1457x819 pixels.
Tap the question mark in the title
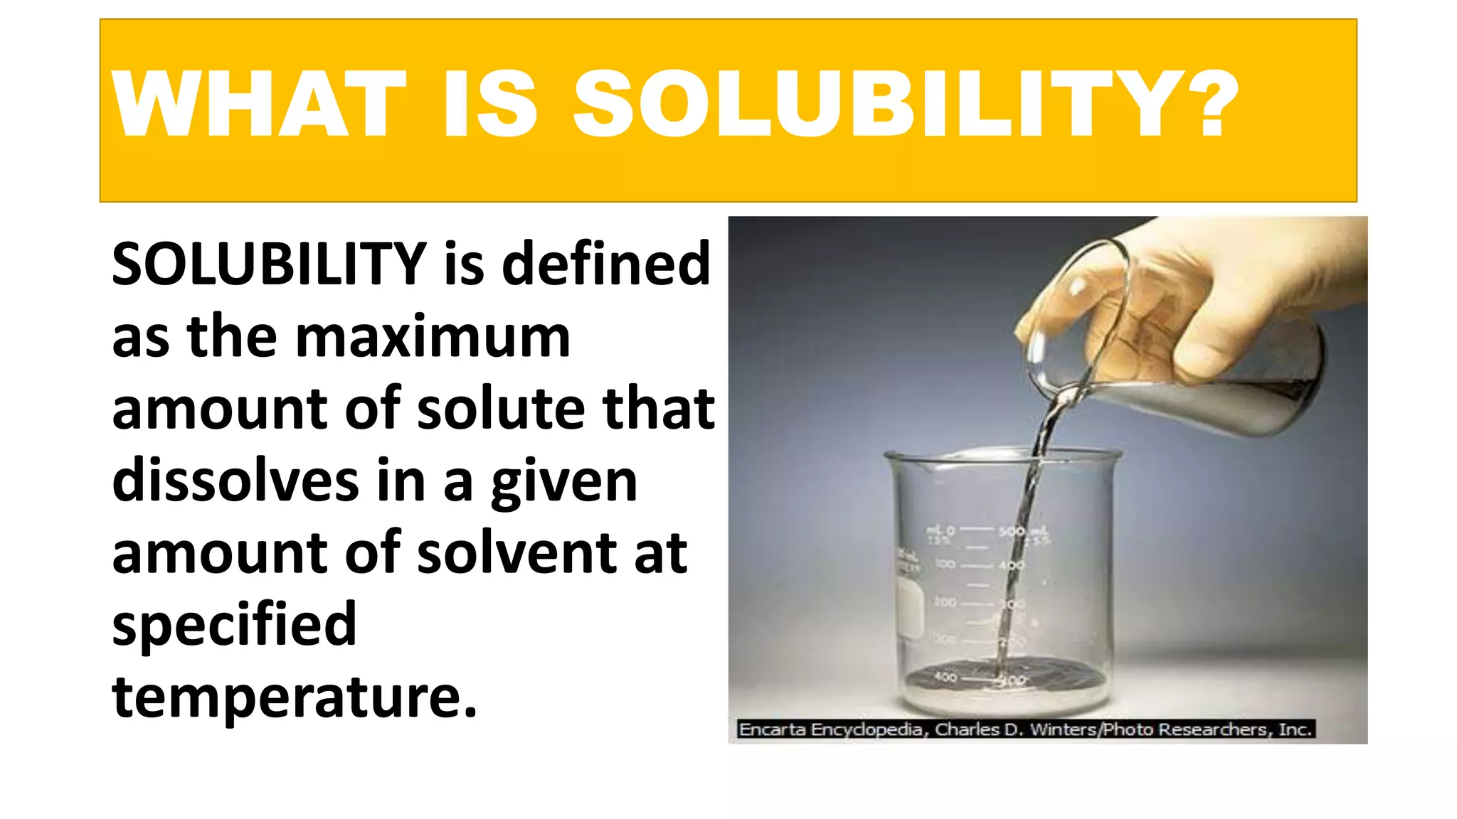[1210, 104]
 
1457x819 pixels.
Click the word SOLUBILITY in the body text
[269, 264]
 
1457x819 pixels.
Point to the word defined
[605, 264]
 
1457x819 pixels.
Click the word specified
[234, 626]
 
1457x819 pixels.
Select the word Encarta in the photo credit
[772, 729]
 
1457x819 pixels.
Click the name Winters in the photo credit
[1063, 729]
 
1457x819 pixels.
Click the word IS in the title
[489, 104]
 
